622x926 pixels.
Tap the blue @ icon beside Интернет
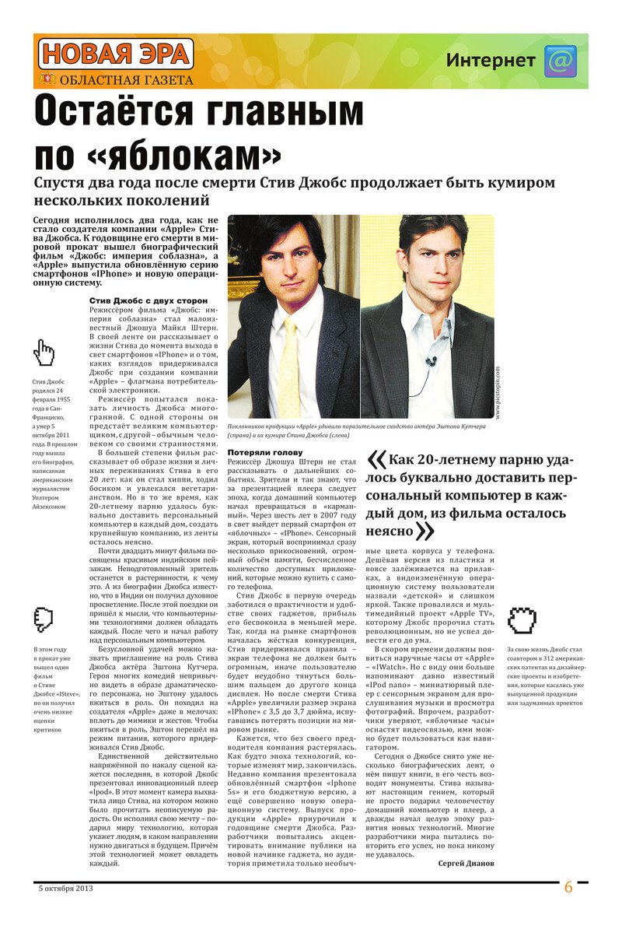point(560,61)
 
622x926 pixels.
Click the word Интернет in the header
point(491,61)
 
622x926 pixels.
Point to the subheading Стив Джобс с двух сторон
point(149,300)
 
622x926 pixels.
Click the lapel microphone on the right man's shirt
point(430,362)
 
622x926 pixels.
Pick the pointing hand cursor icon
point(45,355)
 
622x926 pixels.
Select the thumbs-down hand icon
point(44,619)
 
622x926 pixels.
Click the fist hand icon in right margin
point(522,620)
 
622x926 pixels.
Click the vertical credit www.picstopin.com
point(497,395)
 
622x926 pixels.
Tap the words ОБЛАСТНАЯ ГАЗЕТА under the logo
point(126,80)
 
